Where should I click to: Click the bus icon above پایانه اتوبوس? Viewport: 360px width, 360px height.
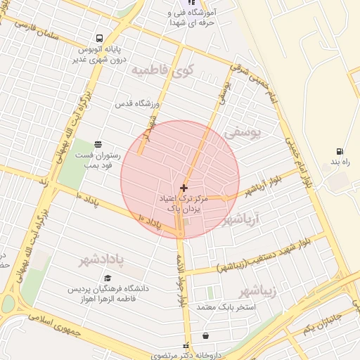pyautogui.click(x=98, y=39)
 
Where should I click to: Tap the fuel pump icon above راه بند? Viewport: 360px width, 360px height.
pyautogui.click(x=340, y=151)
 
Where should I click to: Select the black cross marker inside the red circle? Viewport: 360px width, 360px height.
pyautogui.click(x=184, y=188)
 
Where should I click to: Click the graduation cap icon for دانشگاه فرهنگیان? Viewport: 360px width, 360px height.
pyautogui.click(x=108, y=278)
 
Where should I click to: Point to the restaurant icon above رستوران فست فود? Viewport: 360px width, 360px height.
pyautogui.click(x=96, y=143)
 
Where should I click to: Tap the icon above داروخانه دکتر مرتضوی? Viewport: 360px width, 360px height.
pyautogui.click(x=205, y=335)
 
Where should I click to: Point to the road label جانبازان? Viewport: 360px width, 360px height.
pyautogui.click(x=323, y=325)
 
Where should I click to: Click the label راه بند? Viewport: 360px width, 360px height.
pyautogui.click(x=340, y=162)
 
